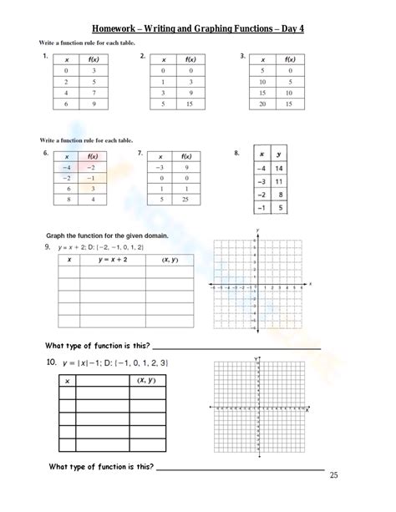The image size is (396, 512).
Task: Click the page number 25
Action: click(x=334, y=476)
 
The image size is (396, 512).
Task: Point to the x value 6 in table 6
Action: click(x=61, y=190)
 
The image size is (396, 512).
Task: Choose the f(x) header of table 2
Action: click(x=191, y=60)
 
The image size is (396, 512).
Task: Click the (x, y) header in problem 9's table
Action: click(x=163, y=260)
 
